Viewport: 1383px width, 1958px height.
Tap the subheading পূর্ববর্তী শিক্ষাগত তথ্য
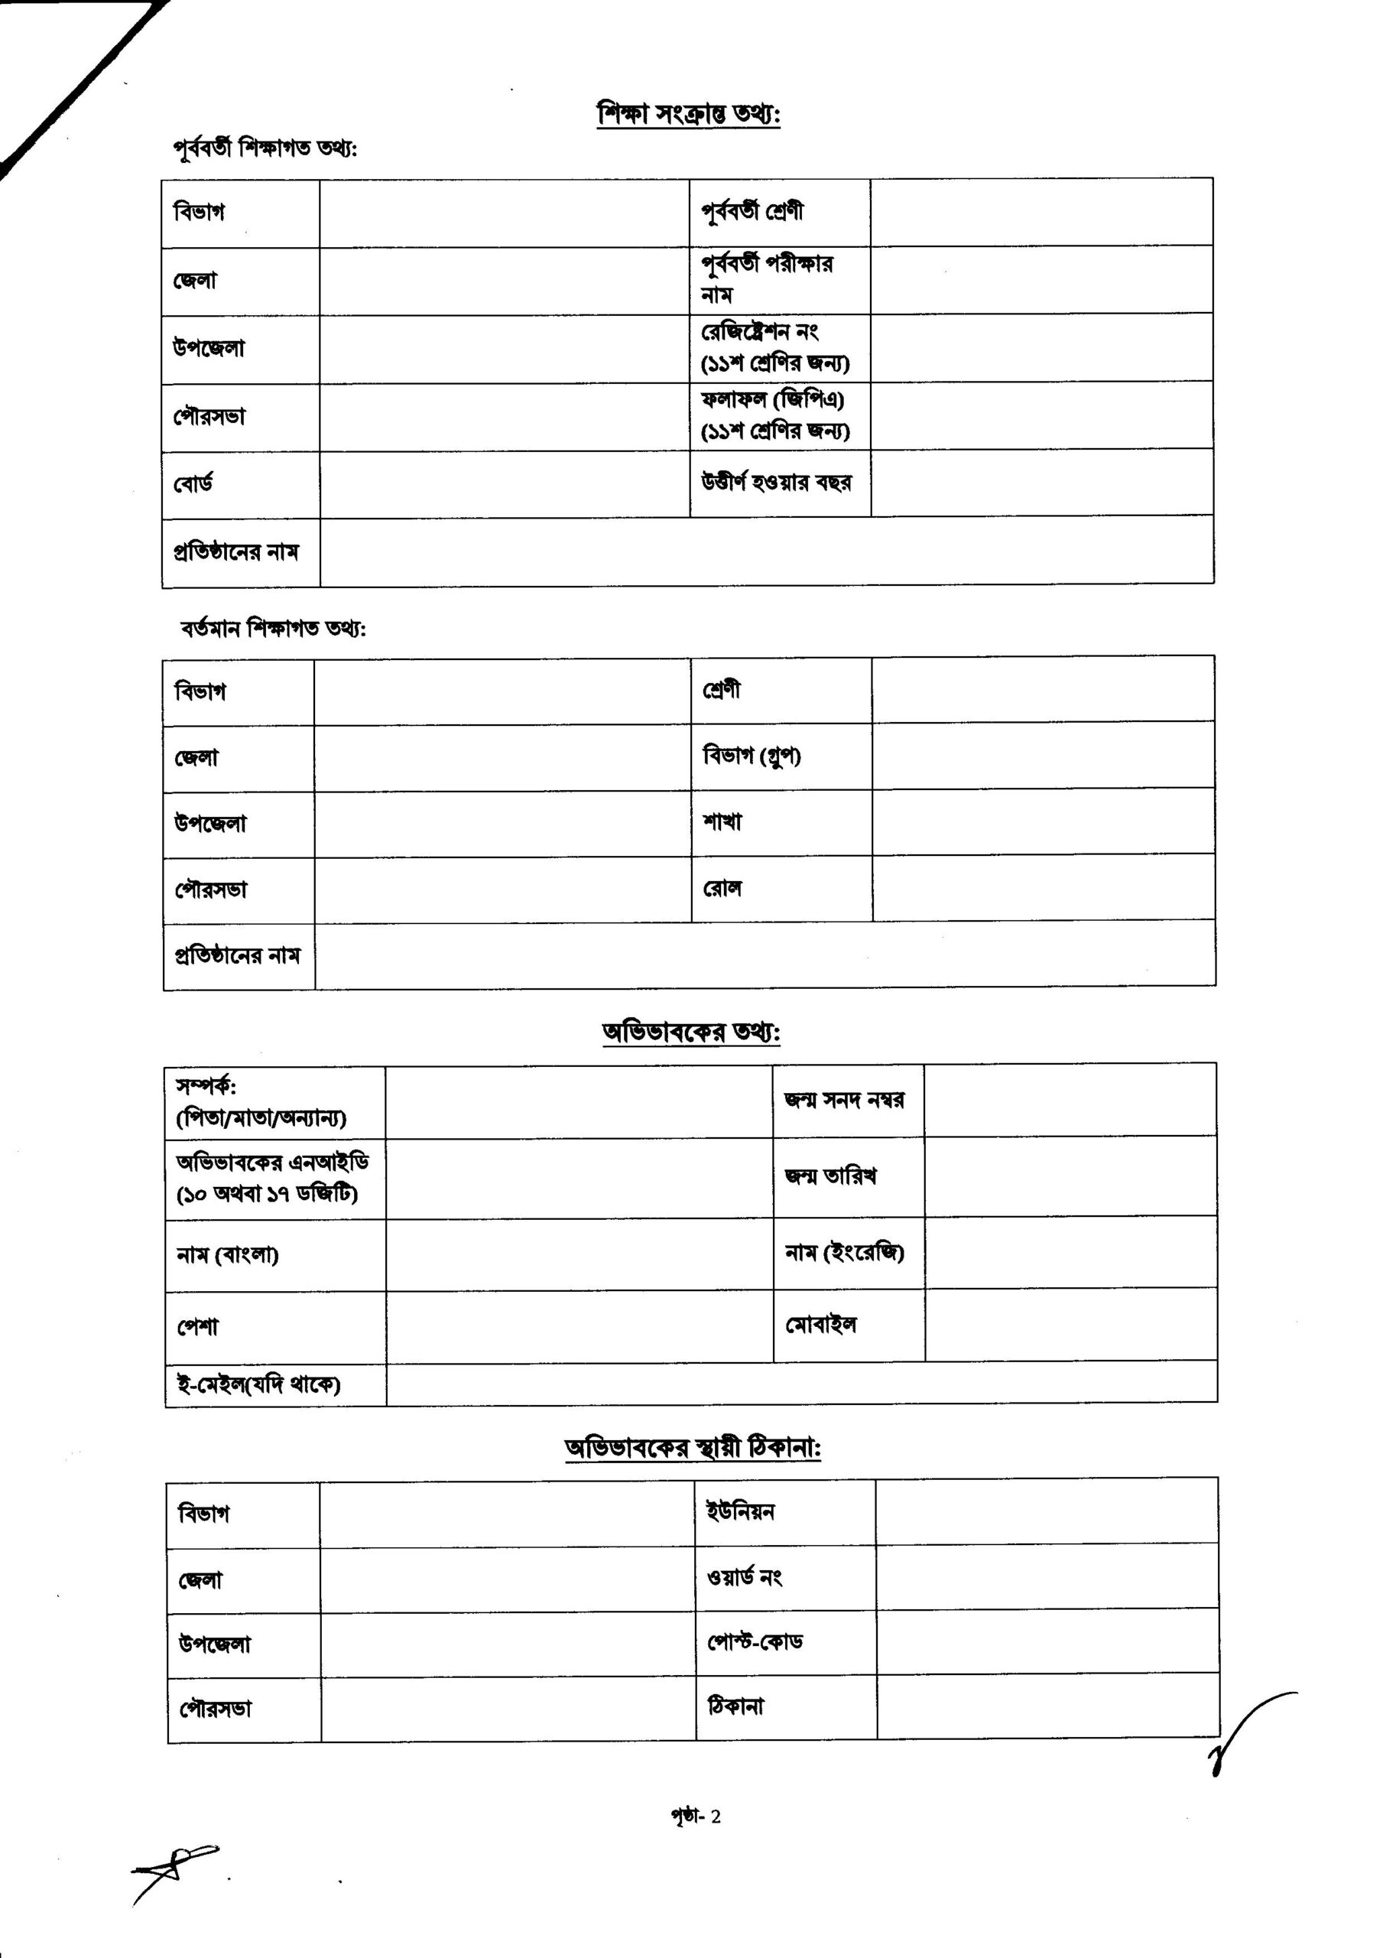pos(265,148)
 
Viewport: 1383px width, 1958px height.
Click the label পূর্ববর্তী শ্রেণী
pos(752,212)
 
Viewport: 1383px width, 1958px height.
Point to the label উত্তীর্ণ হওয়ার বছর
pos(776,483)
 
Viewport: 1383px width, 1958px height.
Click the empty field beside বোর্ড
pos(504,484)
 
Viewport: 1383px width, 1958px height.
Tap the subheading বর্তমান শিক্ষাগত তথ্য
pos(273,629)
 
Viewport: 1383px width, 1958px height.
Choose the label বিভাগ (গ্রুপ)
pos(752,756)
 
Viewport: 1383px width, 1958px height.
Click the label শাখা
pos(722,822)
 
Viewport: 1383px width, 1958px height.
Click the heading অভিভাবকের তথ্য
pos(690,1032)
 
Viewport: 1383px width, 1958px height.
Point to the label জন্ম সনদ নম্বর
pos(844,1100)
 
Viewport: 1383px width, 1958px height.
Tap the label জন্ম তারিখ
pos(830,1177)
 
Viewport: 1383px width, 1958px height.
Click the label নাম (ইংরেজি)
pos(844,1252)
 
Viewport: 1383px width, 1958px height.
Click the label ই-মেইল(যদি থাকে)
pos(258,1384)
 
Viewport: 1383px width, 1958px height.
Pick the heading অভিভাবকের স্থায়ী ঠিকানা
pos(693,1448)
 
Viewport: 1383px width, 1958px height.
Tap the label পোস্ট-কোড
pos(755,1641)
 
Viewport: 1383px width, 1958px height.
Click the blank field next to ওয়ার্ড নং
pos(1046,1577)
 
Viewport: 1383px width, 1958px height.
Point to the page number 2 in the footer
pos(716,1817)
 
